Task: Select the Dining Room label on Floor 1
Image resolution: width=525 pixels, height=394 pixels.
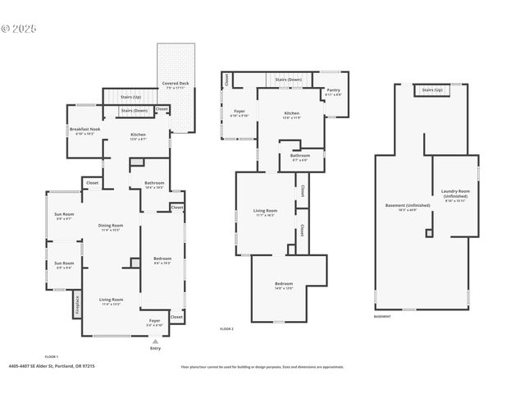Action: [x=111, y=227]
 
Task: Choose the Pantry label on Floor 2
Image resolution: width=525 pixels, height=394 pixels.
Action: [x=333, y=91]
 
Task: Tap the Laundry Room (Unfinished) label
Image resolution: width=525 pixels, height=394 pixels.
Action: [x=454, y=195]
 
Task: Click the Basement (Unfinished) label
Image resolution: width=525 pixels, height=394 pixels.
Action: [x=402, y=206]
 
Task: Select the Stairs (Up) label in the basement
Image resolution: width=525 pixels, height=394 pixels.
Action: [x=432, y=89]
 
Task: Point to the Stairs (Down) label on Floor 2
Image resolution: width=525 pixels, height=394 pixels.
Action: [x=288, y=80]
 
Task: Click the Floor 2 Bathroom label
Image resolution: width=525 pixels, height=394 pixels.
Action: [x=299, y=157]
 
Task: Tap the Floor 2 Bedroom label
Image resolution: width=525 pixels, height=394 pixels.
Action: [x=283, y=285]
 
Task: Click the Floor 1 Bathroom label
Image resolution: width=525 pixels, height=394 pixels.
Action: [x=154, y=184]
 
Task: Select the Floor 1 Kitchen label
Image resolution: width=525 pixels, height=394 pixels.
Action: [x=138, y=135]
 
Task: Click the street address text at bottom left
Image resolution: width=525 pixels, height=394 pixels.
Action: [x=40, y=367]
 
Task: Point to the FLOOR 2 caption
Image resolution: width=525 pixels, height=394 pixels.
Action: [x=227, y=328]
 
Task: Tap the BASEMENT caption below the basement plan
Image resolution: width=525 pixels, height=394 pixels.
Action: [x=382, y=316]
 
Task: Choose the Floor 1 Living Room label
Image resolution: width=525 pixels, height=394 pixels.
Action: [x=111, y=301]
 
